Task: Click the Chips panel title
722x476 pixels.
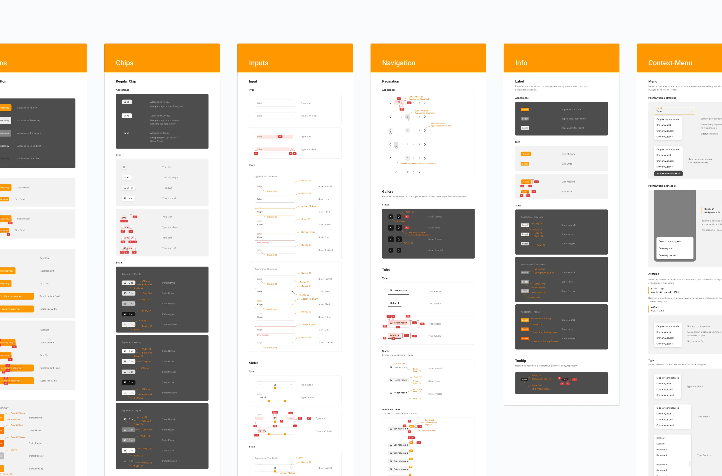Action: point(125,63)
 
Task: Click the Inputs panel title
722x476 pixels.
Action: point(258,63)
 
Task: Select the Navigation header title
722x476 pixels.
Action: point(399,63)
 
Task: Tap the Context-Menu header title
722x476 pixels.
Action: point(670,63)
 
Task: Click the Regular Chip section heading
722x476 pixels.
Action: point(126,81)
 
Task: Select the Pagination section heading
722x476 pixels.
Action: point(390,81)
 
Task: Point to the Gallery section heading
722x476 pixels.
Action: point(387,192)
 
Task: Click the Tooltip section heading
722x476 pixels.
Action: point(520,361)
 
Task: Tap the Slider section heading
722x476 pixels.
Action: point(253,363)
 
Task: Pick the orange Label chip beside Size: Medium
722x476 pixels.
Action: point(526,154)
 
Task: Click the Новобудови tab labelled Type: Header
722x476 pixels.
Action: point(399,291)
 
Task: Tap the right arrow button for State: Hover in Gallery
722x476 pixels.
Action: point(399,228)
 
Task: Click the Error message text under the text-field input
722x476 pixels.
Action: point(263,243)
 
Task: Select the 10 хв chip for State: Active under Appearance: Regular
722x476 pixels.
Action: point(129,314)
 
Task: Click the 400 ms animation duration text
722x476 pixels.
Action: point(655,307)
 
